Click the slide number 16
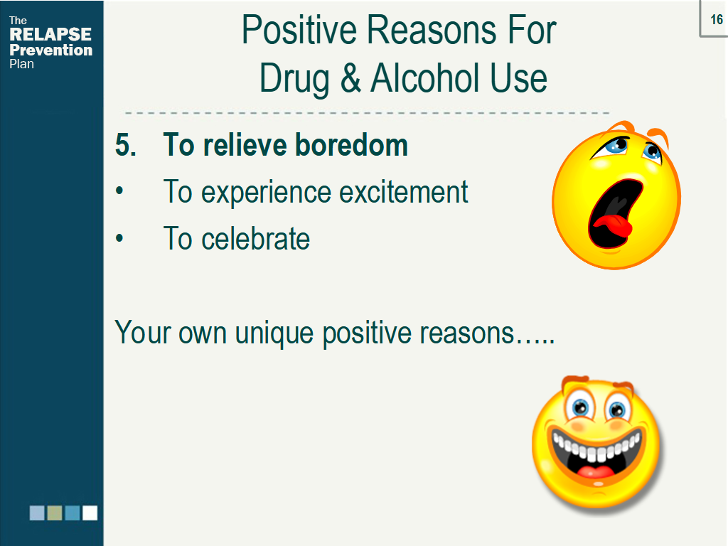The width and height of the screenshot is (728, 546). coord(717,19)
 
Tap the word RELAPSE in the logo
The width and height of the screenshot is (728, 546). coord(50,34)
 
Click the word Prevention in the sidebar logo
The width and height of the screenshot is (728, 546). coord(51,50)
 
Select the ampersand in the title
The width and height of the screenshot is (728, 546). coord(350,78)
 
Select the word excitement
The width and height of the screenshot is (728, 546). coord(404,192)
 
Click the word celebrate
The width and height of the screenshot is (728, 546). coord(255,239)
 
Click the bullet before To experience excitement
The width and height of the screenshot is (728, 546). coord(119,191)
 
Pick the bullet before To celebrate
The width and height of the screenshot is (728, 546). coord(119,238)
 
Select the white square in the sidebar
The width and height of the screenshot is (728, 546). coord(90,513)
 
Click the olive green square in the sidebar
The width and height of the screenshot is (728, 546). coord(55,513)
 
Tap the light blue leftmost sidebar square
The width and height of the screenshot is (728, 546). coord(37,513)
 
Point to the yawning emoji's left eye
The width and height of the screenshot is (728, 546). coord(612,146)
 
